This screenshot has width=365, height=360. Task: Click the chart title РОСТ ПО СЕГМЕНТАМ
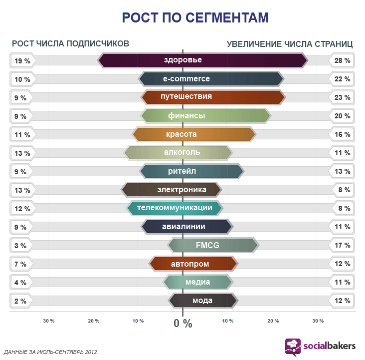pyautogui.click(x=195, y=18)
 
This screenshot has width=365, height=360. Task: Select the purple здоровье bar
pyautogui.click(x=203, y=60)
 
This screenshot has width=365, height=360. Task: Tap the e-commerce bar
pyautogui.click(x=211, y=79)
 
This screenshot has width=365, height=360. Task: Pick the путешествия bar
pyautogui.click(x=213, y=97)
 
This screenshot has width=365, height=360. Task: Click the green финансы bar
pyautogui.click(x=206, y=116)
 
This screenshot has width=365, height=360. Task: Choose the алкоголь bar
pyautogui.click(x=179, y=152)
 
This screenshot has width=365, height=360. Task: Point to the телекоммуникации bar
pyautogui.click(x=175, y=208)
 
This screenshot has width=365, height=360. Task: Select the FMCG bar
pyautogui.click(x=213, y=245)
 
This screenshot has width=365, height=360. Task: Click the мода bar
pyautogui.click(x=203, y=301)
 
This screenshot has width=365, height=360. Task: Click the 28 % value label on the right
pyautogui.click(x=343, y=61)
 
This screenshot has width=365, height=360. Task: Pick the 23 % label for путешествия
pyautogui.click(x=343, y=97)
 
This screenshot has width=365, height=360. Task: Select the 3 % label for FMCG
pyautogui.click(x=20, y=245)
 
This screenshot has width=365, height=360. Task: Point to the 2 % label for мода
pyautogui.click(x=20, y=301)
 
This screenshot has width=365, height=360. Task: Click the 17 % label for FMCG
pyautogui.click(x=343, y=245)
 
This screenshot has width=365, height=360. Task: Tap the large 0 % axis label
pyautogui.click(x=183, y=323)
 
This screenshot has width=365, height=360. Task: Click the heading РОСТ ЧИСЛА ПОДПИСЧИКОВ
pyautogui.click(x=70, y=43)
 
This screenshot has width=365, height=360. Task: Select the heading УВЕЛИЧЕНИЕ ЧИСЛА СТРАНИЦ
pyautogui.click(x=290, y=43)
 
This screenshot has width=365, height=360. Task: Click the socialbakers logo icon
pyautogui.click(x=293, y=347)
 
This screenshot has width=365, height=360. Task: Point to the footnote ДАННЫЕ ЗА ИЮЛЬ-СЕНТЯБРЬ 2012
pyautogui.click(x=50, y=352)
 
